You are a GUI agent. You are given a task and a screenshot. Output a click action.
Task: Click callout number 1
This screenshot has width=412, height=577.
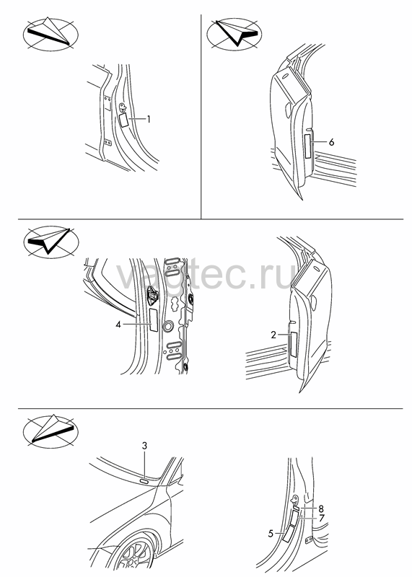[149, 119]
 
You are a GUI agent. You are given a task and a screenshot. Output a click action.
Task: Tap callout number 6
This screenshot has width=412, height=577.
[331, 142]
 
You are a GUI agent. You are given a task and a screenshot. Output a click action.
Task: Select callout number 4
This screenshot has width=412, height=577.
[118, 325]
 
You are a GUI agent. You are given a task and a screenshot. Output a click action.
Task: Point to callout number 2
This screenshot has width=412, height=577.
[273, 335]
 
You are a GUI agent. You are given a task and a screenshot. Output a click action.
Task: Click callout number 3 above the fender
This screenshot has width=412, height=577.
[145, 446]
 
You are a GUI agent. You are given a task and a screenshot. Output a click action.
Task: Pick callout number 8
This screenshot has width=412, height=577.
[321, 509]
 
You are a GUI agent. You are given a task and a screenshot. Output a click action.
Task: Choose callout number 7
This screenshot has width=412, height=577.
[321, 518]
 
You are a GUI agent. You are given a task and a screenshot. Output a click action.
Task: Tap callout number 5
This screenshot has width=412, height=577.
[271, 533]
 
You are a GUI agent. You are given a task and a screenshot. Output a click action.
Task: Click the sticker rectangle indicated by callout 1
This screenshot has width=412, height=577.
[123, 120]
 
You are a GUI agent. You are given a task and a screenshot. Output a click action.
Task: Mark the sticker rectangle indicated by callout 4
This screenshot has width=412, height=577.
[154, 320]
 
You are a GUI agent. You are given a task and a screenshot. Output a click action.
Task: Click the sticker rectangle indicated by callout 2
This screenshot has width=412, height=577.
[294, 345]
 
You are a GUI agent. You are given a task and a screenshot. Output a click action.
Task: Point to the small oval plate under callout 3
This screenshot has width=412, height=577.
[144, 480]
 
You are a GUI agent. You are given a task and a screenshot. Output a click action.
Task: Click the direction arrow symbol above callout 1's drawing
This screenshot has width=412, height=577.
[51, 33]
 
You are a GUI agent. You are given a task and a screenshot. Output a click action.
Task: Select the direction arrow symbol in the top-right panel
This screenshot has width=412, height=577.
[235, 33]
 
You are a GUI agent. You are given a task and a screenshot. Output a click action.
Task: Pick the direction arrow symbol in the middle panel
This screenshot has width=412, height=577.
[51, 242]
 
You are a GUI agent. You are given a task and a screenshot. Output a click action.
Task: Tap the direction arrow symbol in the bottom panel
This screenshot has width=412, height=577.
[51, 431]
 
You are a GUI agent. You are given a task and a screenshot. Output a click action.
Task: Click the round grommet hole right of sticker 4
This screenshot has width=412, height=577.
[168, 326]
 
